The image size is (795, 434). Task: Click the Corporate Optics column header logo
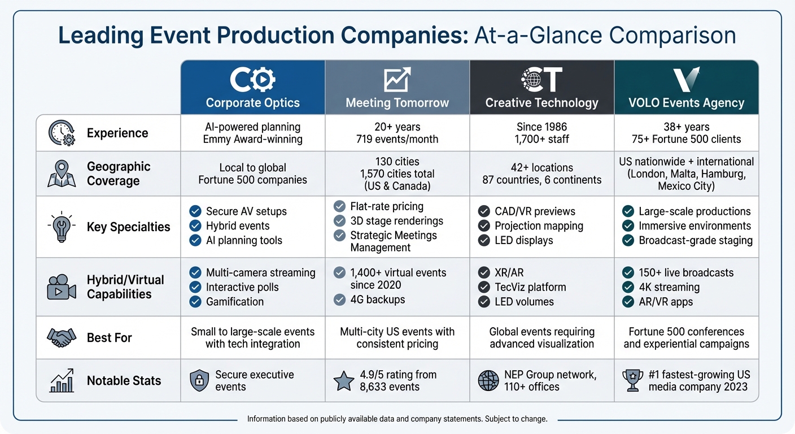252,81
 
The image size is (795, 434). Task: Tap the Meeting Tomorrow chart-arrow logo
397,80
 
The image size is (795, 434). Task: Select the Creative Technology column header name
541,103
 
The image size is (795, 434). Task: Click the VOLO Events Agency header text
686,103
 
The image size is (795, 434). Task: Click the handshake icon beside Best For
61,338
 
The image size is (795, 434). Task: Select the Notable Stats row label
124,381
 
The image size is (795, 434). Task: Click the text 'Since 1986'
541,127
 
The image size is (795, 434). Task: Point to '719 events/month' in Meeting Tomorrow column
397,139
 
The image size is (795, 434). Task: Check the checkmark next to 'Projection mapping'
484,226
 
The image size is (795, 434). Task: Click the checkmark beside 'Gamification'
195,302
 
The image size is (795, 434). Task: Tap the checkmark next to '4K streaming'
628,287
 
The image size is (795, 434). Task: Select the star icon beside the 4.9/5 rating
344,381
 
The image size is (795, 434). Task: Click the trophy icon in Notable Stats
632,381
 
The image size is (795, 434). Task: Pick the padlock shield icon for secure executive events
199,381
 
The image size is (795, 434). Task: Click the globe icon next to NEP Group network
488,381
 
